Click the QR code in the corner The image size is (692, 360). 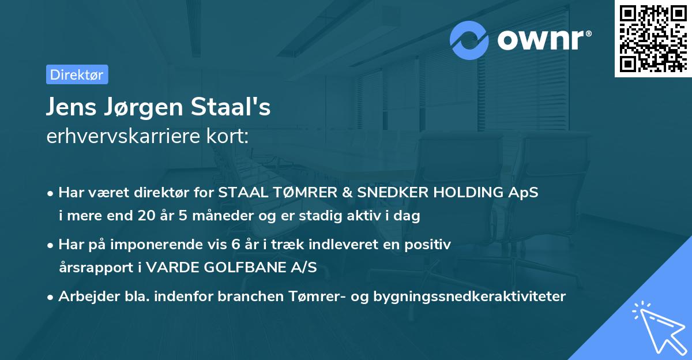coord(653,38)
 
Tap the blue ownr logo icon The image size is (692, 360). coord(469,40)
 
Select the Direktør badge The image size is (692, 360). coord(77,74)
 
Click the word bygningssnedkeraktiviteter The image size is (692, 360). coord(469,297)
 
